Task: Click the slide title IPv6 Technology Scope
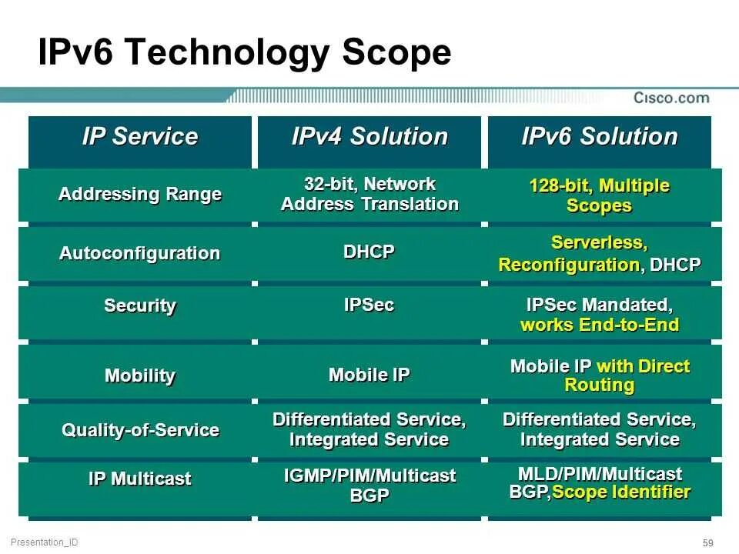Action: (x=244, y=53)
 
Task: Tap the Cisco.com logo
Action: (x=671, y=98)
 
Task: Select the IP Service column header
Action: (x=140, y=137)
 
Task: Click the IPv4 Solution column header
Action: (x=369, y=137)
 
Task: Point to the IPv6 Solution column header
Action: (x=599, y=137)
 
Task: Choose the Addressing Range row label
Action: (x=140, y=194)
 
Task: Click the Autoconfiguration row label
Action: (x=140, y=253)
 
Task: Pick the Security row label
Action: (x=140, y=305)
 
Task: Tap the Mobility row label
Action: (x=140, y=375)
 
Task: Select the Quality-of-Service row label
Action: (x=140, y=429)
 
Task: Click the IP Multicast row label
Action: (x=140, y=479)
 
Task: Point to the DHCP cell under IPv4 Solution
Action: (x=369, y=252)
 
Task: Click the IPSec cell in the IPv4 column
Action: (x=369, y=305)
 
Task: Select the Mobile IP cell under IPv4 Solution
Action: (x=369, y=375)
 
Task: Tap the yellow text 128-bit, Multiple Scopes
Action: (x=599, y=195)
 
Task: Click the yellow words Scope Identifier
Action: (x=621, y=492)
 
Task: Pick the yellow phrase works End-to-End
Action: (x=599, y=325)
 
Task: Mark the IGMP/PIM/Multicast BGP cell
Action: (x=369, y=486)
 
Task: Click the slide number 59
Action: (x=708, y=542)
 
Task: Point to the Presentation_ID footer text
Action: (x=45, y=542)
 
